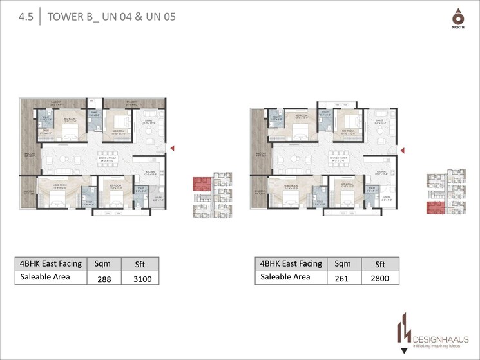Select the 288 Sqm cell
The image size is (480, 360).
click(104, 279)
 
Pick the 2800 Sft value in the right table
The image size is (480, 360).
click(379, 279)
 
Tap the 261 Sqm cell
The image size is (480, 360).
click(342, 279)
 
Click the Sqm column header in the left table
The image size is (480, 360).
click(102, 263)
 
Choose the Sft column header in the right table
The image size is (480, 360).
click(379, 263)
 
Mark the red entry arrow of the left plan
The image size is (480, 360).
click(172, 149)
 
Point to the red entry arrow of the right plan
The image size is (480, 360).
click(403, 149)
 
